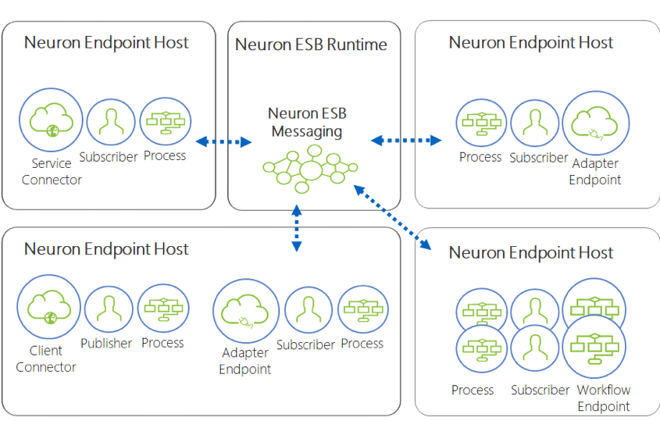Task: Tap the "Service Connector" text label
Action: [52, 172]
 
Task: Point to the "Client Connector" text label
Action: [46, 359]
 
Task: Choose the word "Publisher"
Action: [106, 343]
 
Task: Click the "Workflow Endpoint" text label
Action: [604, 398]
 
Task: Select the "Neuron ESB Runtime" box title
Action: [311, 45]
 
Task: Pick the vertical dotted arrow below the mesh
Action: [296, 227]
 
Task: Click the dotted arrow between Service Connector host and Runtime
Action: [223, 141]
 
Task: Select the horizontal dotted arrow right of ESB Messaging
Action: [405, 141]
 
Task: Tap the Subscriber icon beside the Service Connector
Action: [111, 122]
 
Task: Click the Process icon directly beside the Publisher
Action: [163, 309]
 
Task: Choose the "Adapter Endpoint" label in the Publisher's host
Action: [244, 361]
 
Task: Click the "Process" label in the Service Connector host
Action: [165, 155]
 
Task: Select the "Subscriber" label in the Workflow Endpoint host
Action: [540, 390]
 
